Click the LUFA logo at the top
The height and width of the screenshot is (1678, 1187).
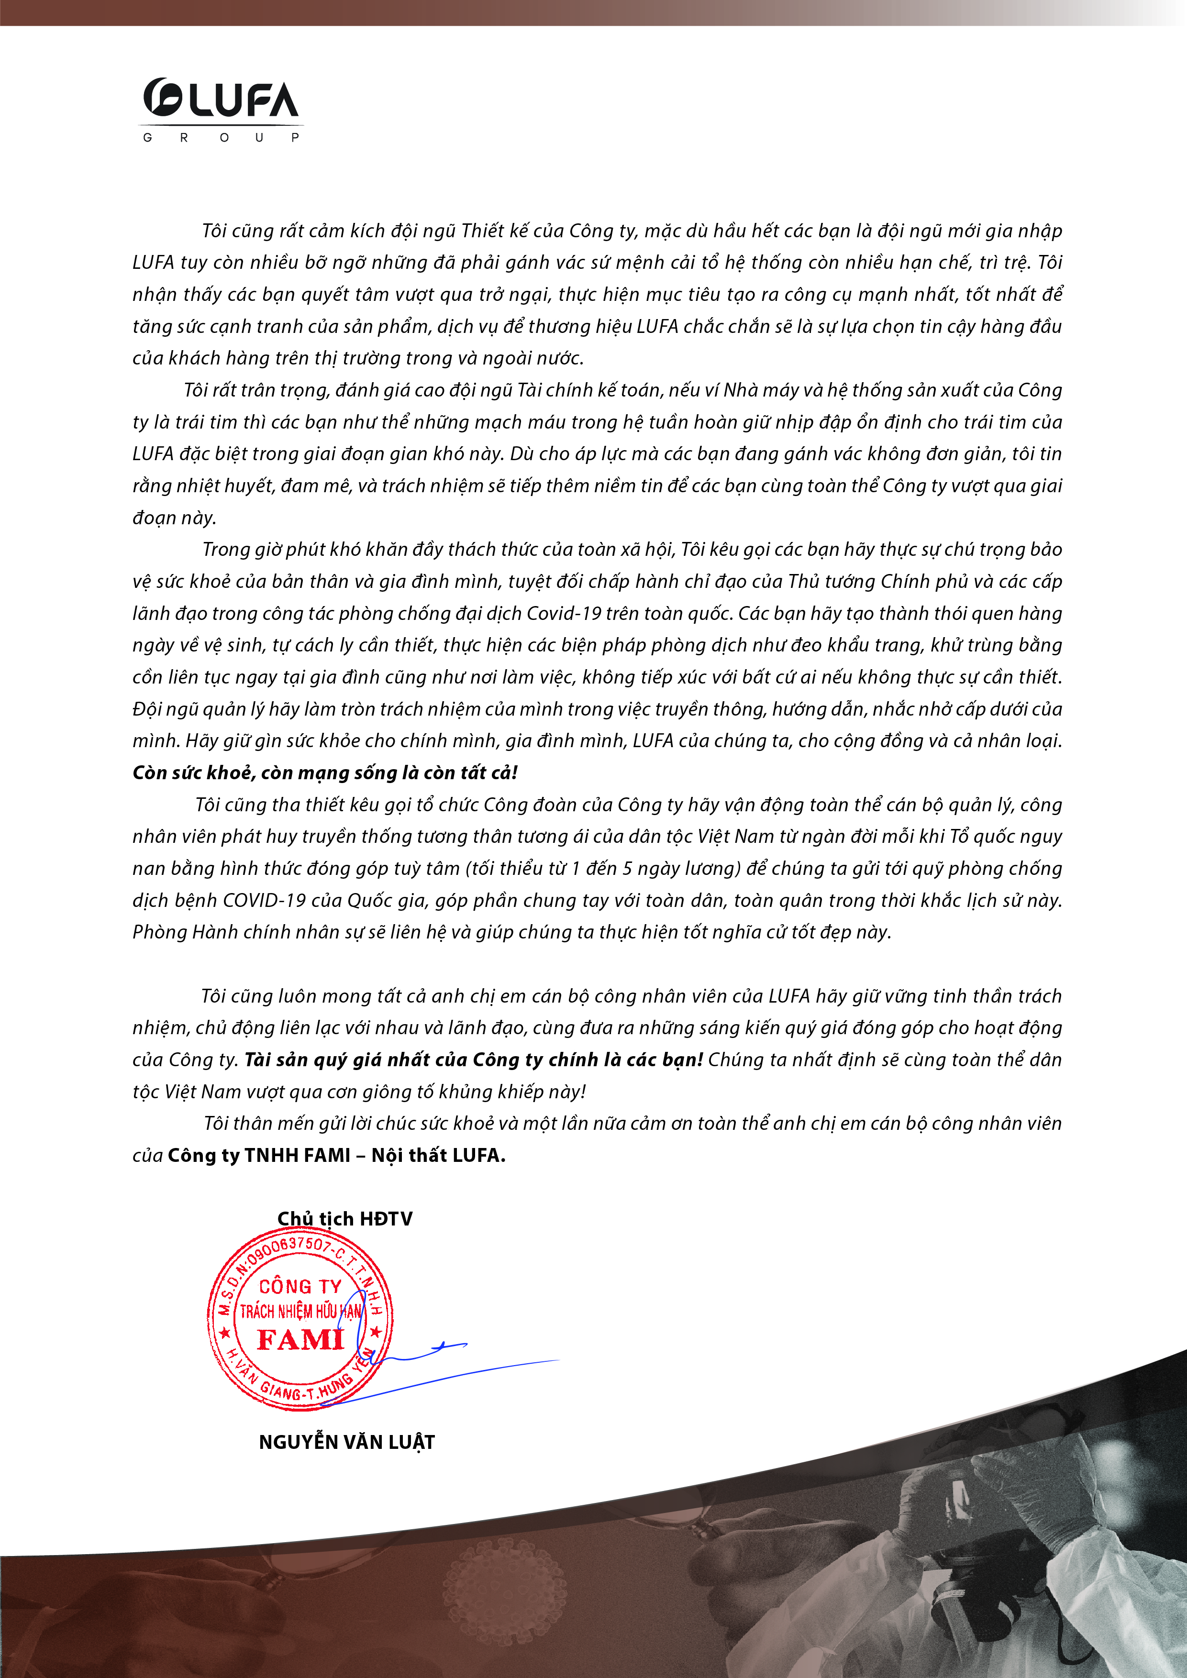coord(221,100)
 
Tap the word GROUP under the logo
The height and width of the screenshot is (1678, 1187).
coord(221,137)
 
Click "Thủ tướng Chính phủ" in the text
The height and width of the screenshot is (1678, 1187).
coord(881,582)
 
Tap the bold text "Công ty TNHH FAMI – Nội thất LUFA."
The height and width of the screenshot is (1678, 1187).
coord(337,1156)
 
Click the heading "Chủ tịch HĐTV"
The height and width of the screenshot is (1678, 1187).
coord(345,1219)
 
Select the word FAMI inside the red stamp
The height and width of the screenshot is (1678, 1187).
coord(300,1340)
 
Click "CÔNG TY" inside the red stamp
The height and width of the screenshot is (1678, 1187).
coord(300,1287)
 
